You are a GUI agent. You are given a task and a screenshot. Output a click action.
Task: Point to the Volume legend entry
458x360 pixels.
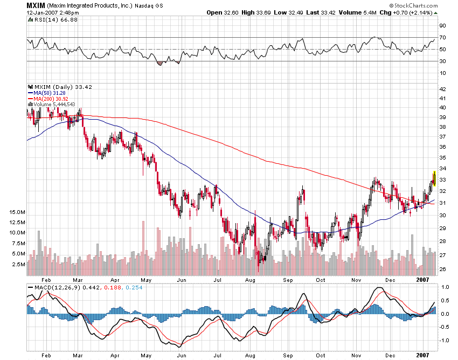pos(53,104)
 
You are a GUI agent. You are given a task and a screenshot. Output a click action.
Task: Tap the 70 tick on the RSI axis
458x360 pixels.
pos(442,38)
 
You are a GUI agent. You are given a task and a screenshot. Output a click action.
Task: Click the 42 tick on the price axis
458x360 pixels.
pos(442,89)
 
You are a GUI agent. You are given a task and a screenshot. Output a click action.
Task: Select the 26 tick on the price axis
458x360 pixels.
pos(442,269)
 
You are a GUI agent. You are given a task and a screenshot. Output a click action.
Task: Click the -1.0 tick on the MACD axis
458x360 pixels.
pos(443,340)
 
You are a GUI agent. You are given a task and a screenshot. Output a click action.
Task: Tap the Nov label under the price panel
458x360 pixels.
pos(356,280)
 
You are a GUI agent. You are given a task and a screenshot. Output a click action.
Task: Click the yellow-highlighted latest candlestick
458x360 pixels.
pos(434,178)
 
